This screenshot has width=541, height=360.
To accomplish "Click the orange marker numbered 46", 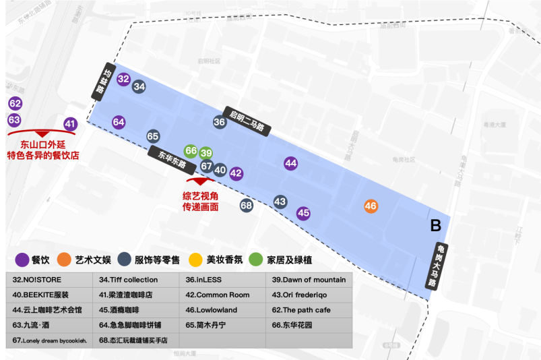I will point(371,206).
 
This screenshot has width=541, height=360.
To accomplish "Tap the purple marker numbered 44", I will point(290,163).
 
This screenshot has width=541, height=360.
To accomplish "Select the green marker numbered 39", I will point(206,153).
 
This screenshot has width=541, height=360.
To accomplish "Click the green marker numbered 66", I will point(191,151).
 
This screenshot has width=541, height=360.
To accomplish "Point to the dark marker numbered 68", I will point(246,206).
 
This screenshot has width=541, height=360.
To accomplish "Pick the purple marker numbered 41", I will point(71,124).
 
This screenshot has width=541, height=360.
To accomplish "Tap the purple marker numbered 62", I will point(15,104).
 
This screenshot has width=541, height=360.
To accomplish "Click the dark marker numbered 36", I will point(220,122).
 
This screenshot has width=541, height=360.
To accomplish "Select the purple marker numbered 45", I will point(304,213).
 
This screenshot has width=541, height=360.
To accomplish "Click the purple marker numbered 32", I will point(123,79).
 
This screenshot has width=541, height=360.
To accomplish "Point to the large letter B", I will point(436,225).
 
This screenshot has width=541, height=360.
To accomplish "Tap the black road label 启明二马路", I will point(247,119).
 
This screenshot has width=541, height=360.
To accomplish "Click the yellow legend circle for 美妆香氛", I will point(195,260).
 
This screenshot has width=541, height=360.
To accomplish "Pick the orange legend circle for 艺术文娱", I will point(64,260).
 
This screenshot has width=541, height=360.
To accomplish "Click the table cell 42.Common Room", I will point(222,295).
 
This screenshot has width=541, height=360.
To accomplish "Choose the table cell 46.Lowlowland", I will point(222,310).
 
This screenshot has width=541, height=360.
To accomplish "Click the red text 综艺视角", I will point(200,196).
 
